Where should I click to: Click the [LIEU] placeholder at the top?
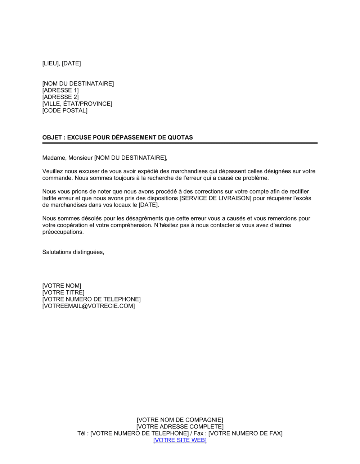click(x=51, y=63)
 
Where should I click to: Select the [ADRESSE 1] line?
click(x=60, y=90)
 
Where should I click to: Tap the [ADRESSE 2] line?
click(x=60, y=97)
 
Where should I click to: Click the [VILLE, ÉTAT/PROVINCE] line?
click(x=77, y=104)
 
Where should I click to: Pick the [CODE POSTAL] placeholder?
click(x=65, y=110)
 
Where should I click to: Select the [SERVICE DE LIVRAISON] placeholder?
click(x=215, y=198)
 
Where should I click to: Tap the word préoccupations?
click(x=63, y=232)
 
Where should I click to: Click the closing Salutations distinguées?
click(x=73, y=252)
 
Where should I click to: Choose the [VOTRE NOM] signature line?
click(x=62, y=286)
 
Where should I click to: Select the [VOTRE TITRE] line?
click(x=63, y=293)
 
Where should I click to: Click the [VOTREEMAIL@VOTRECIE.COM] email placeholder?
click(x=89, y=306)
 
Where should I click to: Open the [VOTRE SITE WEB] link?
click(x=180, y=440)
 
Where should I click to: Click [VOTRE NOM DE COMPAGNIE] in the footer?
click(x=180, y=420)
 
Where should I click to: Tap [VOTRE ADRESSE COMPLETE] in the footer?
click(x=180, y=427)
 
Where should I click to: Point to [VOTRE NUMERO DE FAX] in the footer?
click(x=246, y=433)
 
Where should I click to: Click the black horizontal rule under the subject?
click(x=180, y=143)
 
